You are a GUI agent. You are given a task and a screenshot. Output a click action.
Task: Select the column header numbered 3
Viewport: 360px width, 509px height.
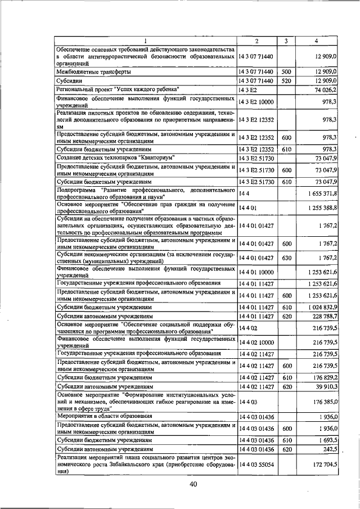coord(286,41)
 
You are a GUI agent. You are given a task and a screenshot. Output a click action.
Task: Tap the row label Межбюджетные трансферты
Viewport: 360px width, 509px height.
coord(93,72)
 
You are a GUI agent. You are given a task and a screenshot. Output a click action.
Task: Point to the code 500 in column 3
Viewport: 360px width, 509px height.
coord(286,72)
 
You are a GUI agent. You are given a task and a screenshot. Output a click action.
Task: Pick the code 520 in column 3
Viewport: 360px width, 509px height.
coord(286,81)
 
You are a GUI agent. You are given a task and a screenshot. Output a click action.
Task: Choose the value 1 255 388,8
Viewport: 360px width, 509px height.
coord(323,208)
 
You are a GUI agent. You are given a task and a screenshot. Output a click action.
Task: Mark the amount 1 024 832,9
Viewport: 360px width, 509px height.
coord(323,308)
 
